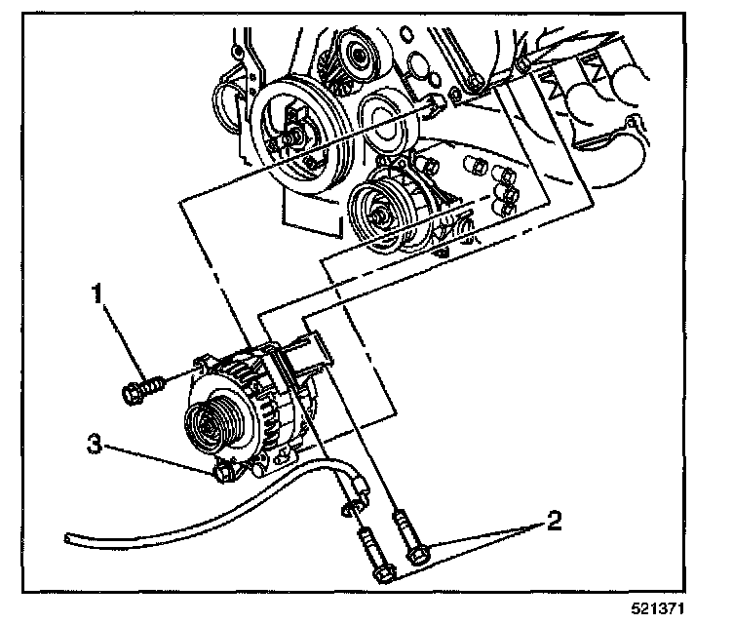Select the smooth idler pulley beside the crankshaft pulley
tap(387, 122)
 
